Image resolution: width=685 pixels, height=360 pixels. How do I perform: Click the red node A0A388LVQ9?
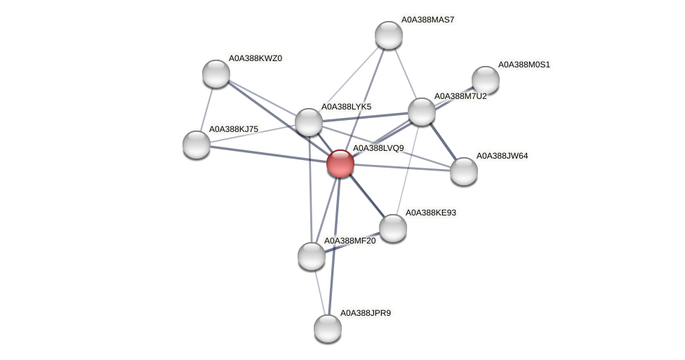coord(340,164)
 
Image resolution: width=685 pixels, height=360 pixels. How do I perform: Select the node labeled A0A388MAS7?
coord(388,35)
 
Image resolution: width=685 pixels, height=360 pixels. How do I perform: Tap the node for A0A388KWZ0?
coord(216,74)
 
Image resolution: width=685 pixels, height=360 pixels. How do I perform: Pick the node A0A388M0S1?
coord(485,80)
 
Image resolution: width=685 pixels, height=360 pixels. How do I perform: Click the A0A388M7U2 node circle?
coord(421,112)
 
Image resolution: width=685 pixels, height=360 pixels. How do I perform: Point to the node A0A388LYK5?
coord(308,122)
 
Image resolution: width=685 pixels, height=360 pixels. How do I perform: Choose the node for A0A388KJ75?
coord(197,145)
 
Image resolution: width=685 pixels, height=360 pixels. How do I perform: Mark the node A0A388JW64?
coord(463,171)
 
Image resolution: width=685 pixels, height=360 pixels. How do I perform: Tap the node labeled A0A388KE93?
coord(392,228)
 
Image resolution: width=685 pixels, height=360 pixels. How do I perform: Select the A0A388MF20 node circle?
coord(312,256)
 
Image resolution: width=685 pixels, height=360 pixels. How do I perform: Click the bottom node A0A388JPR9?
coord(327,328)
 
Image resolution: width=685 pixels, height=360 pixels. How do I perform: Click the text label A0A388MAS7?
coord(427,20)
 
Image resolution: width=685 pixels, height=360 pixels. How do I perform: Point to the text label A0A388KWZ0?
coord(255,58)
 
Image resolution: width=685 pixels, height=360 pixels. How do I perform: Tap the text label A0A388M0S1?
coord(524,65)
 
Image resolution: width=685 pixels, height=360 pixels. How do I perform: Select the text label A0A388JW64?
coord(502,156)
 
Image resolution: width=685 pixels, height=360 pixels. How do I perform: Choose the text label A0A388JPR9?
coord(365,313)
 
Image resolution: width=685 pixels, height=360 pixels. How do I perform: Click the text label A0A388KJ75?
coord(234,129)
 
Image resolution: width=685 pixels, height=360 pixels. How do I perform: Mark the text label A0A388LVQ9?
coord(378,149)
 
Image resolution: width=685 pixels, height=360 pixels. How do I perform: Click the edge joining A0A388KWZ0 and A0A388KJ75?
coord(206,109)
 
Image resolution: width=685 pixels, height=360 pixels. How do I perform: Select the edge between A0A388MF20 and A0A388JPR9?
coord(319,292)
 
